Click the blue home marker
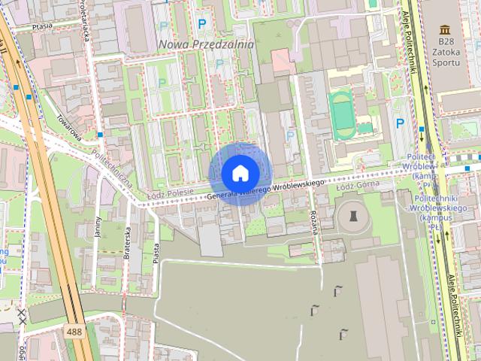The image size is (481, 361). click(x=240, y=173)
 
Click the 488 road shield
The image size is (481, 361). click(x=74, y=332)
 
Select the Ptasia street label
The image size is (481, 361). click(x=41, y=26)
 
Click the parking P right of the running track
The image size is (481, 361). click(x=401, y=123)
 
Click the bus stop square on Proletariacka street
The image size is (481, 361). click(x=100, y=135)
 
